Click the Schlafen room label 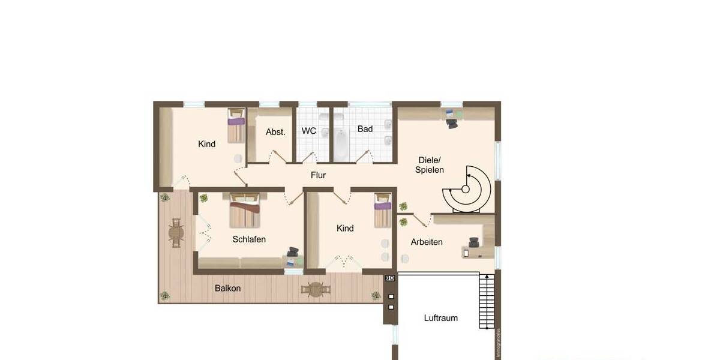[x=249, y=239]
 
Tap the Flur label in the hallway [x=318, y=175]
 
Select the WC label [x=309, y=131]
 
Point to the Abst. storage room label [x=275, y=132]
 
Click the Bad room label [x=365, y=129]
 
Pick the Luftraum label [x=441, y=318]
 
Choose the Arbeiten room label [x=427, y=242]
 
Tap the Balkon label [x=227, y=288]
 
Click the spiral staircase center [x=466, y=189]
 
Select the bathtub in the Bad [x=341, y=145]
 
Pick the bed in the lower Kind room [x=383, y=211]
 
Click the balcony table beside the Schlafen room [x=176, y=233]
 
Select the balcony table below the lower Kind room [x=316, y=290]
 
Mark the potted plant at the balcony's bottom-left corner [x=164, y=296]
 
